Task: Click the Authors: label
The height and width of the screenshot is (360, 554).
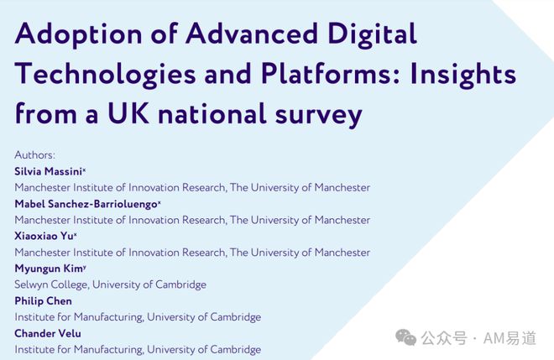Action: (x=34, y=155)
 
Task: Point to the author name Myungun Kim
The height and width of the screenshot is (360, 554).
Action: (x=47, y=269)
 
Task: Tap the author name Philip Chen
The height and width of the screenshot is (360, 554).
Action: (x=43, y=300)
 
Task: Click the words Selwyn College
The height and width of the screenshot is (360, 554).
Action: (x=51, y=284)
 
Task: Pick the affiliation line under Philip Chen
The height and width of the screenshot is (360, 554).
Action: (x=138, y=317)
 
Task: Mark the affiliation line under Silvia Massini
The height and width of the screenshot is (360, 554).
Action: (x=192, y=188)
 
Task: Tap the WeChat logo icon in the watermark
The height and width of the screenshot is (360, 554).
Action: (x=406, y=337)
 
